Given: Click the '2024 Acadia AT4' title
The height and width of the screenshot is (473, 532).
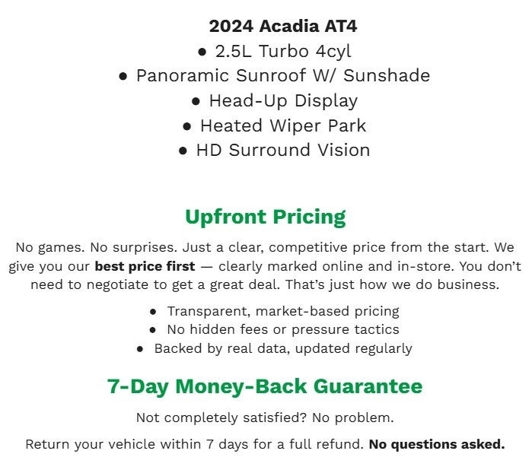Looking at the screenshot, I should coord(282,27).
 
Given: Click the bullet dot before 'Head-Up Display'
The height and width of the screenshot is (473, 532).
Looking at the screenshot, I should coord(196,101).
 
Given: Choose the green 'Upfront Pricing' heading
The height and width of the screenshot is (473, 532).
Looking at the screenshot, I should coord(265,217).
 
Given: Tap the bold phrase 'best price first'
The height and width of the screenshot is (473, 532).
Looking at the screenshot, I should coord(145,267).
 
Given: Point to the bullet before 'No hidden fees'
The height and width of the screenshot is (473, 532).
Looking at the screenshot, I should coord(152,330).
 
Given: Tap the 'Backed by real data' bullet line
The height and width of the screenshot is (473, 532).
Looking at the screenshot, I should coord(282,348).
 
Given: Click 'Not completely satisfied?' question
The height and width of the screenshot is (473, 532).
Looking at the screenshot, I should coord(217,417).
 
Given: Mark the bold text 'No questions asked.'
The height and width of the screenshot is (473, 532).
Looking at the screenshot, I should coord(436,444).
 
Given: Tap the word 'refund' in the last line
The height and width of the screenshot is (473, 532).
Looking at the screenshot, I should coord(341,444).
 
